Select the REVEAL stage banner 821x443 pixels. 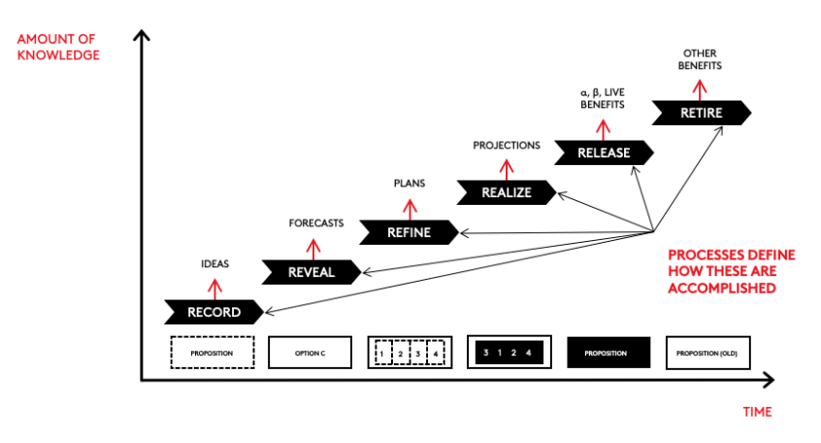pyautogui.click(x=312, y=272)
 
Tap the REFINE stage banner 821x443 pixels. pyautogui.click(x=409, y=232)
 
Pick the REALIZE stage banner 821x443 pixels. pyautogui.click(x=507, y=192)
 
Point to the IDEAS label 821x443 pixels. pyautogui.click(x=215, y=263)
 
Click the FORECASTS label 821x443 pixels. pyautogui.click(x=316, y=223)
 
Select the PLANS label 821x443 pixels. pyautogui.click(x=410, y=183)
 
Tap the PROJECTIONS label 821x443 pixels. pyautogui.click(x=507, y=145)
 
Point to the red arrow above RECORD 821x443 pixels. pyautogui.click(x=215, y=286)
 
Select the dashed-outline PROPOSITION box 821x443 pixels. pyautogui.click(x=212, y=353)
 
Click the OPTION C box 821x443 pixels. pyautogui.click(x=310, y=353)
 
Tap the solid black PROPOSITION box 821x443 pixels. pyautogui.click(x=608, y=353)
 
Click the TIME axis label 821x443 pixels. pyautogui.click(x=757, y=412)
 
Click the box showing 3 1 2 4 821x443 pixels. pyautogui.click(x=509, y=353)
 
